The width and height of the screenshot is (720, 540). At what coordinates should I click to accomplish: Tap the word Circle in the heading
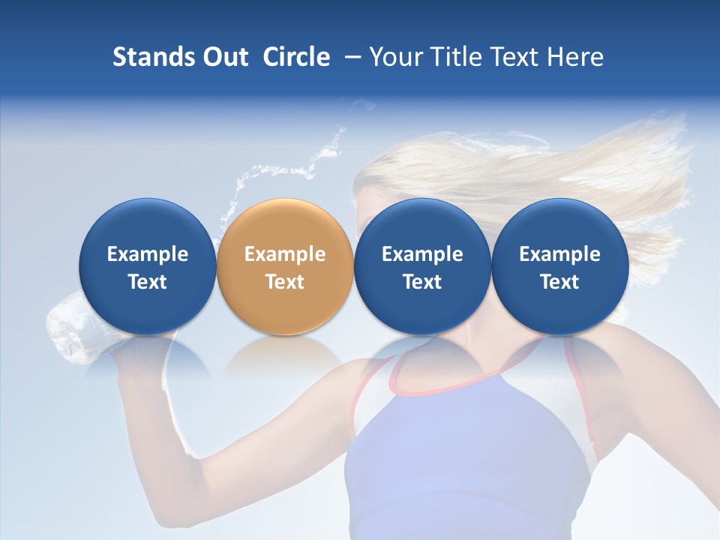tap(296, 57)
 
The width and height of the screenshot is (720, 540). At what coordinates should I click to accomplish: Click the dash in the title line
tap(352, 57)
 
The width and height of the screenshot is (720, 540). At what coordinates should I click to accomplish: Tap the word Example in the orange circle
tap(285, 254)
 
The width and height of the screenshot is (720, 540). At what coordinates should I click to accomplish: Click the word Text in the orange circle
tap(285, 282)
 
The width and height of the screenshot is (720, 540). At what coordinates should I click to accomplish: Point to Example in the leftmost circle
tap(148, 254)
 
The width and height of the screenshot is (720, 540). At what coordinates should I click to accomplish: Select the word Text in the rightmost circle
tap(559, 282)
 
